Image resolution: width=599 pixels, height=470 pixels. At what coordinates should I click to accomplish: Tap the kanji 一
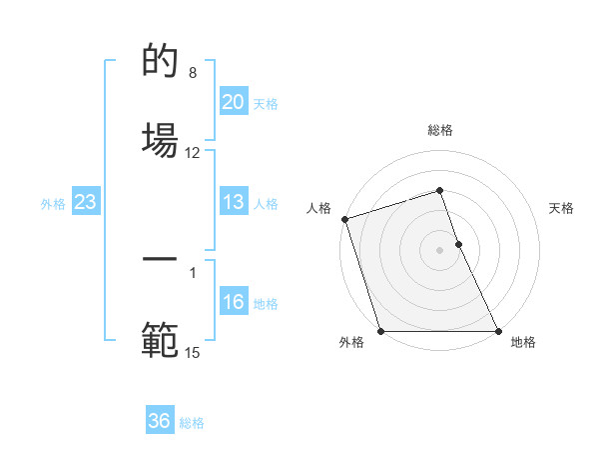160,260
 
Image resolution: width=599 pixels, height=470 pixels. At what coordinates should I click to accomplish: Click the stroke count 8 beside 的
193,73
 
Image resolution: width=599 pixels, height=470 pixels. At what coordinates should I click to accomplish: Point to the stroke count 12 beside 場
193,153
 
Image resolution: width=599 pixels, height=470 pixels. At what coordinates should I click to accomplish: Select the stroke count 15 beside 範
193,352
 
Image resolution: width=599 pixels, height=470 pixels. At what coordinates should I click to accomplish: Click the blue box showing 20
233,102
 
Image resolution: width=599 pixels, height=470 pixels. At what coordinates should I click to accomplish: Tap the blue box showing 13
233,202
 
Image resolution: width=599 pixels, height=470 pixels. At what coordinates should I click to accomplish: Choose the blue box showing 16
233,302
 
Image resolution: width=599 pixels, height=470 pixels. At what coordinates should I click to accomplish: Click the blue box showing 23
85,202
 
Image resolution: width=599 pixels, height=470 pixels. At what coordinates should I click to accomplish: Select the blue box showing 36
160,421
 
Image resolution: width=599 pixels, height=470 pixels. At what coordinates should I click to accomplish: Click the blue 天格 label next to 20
266,104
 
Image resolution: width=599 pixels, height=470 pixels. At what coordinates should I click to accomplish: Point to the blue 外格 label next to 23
53,204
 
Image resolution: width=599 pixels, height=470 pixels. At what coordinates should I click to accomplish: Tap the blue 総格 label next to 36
192,423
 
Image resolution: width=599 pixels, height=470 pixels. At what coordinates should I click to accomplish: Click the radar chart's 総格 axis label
440,130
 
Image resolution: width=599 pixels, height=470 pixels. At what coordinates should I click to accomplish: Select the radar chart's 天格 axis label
562,208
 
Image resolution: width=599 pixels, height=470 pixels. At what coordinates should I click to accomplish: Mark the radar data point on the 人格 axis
344,219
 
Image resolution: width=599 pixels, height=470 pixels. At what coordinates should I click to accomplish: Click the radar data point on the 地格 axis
498,331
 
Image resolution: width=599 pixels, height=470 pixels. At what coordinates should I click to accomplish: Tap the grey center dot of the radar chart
440,250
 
